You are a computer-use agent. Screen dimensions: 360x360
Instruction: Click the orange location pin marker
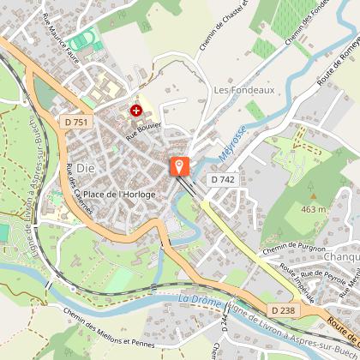[179, 165]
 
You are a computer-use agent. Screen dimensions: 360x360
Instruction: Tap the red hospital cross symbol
[135, 111]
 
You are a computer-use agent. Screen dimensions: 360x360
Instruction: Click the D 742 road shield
[222, 179]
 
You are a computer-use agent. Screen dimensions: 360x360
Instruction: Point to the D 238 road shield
[283, 309]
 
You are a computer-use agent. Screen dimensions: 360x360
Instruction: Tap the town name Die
[85, 167]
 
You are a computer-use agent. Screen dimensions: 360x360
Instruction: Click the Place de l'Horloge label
[119, 195]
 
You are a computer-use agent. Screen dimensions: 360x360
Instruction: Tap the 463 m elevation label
[315, 208]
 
